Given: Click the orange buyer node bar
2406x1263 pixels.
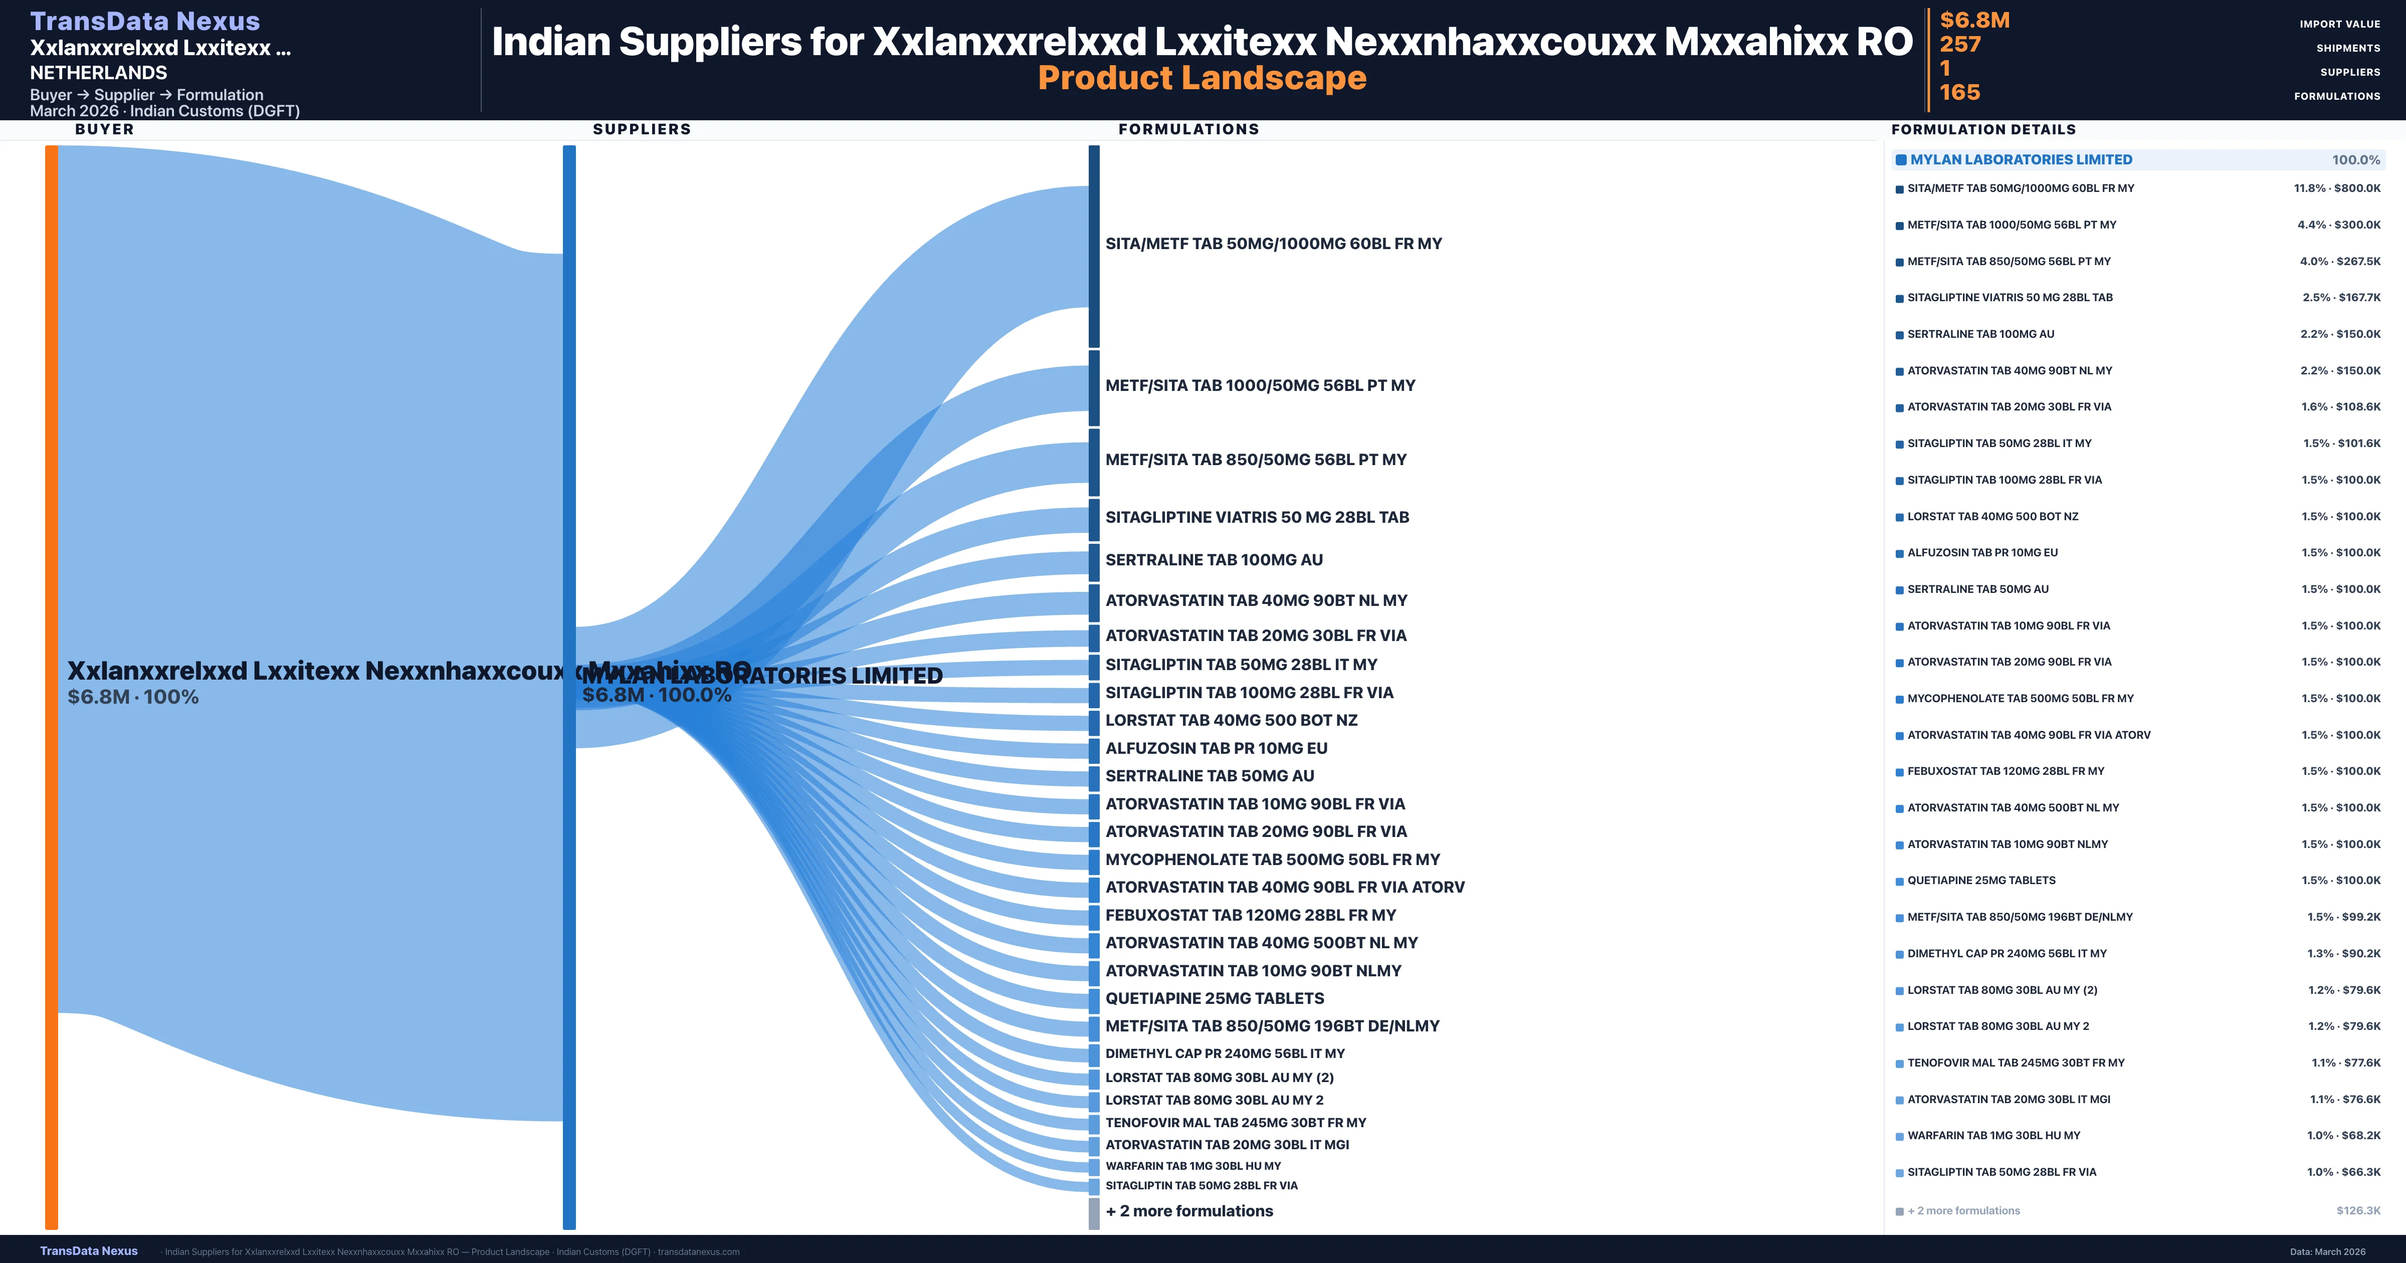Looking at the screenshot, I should click(51, 687).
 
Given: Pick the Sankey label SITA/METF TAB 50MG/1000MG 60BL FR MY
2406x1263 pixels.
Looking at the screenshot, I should click(1273, 244).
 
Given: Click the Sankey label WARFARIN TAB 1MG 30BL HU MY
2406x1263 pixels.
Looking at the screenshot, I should click(1193, 1166).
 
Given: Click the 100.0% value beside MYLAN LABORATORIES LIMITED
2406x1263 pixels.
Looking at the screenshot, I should click(2355, 160).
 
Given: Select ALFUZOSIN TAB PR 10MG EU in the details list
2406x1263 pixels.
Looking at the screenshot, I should click(1982, 553).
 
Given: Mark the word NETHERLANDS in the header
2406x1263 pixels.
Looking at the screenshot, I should click(98, 73).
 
